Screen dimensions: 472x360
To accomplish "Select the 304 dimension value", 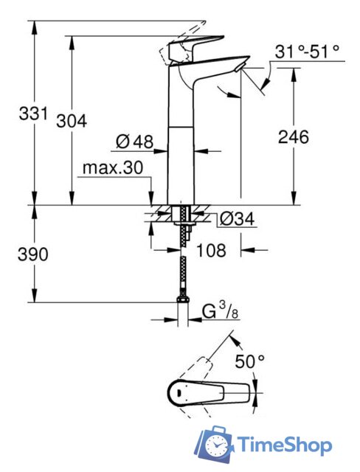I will [72, 121].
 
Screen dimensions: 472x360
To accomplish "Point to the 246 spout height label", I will [293, 136].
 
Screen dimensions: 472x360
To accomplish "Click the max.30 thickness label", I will [111, 168].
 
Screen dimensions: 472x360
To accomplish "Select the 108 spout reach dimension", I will [212, 250].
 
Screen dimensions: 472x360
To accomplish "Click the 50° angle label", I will [250, 361].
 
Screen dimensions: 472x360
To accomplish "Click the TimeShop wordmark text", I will [283, 445].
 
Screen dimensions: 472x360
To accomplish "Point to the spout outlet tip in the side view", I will [238, 68].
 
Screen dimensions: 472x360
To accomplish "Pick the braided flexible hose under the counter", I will [181, 265].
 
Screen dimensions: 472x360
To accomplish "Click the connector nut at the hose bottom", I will [181, 299].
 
